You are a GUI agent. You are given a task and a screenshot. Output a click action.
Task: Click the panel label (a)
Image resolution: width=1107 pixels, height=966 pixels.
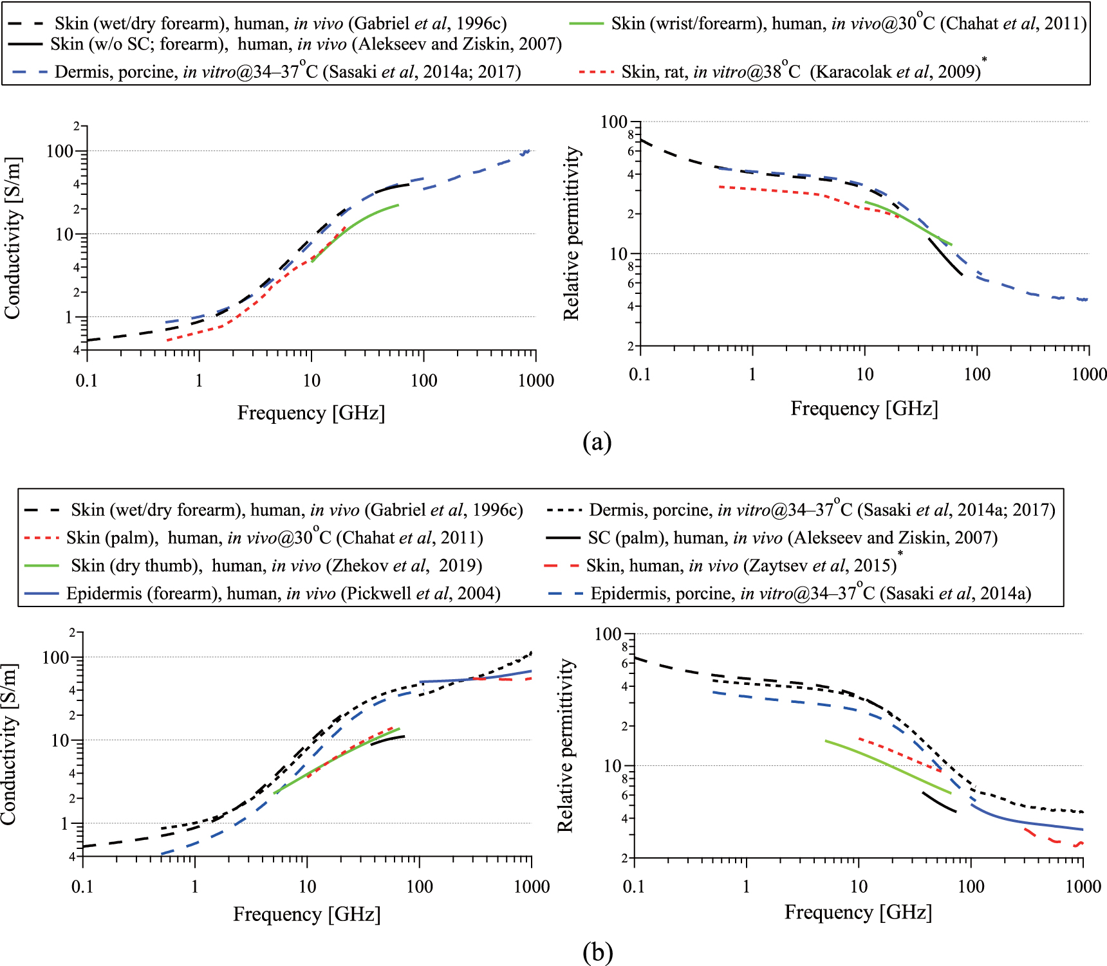click(597, 442)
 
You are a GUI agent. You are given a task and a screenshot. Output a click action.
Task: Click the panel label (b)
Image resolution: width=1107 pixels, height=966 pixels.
click(597, 952)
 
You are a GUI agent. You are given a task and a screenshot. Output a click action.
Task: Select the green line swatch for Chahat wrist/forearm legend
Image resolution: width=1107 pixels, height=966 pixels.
click(586, 24)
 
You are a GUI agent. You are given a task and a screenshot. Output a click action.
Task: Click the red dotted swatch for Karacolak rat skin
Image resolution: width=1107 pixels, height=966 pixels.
click(596, 71)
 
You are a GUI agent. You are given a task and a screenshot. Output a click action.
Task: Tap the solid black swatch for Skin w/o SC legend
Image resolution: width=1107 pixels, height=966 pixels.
click(26, 44)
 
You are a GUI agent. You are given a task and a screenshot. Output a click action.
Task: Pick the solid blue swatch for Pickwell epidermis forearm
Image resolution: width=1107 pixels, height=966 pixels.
click(41, 593)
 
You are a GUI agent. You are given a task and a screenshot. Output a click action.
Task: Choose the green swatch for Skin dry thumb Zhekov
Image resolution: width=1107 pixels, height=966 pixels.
click(41, 565)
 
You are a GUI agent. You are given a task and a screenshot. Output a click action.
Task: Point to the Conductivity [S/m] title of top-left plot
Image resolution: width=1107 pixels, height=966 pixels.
click(12, 238)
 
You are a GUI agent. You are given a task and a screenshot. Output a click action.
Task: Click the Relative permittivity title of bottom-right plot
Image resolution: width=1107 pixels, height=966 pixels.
click(565, 746)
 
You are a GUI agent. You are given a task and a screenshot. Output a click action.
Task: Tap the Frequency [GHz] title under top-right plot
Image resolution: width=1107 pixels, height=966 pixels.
click(864, 408)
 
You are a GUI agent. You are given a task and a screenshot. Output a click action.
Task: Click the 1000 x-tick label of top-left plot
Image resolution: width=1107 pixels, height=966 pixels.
click(535, 381)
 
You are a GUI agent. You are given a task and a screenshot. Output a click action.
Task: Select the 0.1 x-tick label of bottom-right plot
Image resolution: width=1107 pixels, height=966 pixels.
click(633, 887)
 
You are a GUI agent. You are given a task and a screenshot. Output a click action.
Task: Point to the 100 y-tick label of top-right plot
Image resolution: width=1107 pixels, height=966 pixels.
click(613, 122)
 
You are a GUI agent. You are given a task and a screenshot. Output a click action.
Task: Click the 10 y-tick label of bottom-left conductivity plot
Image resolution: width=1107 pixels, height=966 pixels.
click(60, 741)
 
